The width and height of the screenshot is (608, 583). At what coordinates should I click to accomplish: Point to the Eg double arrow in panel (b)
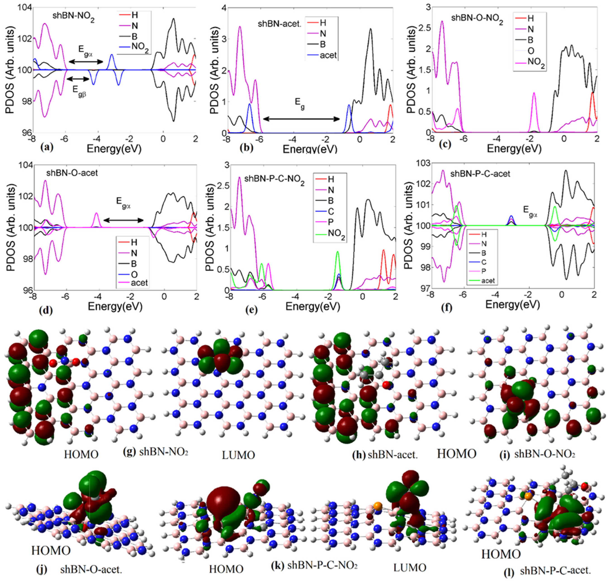301,119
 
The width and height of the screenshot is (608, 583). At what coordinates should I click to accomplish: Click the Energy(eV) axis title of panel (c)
514,148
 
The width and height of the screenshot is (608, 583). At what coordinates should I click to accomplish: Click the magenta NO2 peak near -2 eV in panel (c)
534,93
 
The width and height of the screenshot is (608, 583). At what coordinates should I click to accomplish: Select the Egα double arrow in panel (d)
123,220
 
